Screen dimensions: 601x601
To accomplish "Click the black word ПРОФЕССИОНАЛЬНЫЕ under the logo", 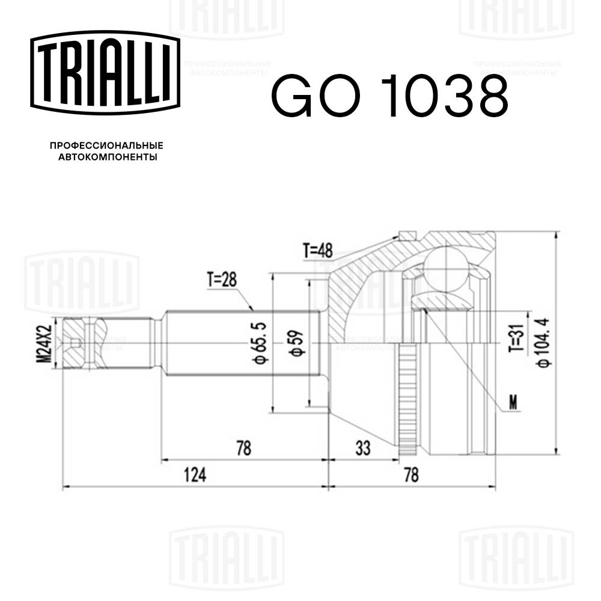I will (x=107, y=145).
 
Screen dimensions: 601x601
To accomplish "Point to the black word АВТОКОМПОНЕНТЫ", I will (x=107, y=157).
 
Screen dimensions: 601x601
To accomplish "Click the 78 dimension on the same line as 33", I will (x=243, y=447).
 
